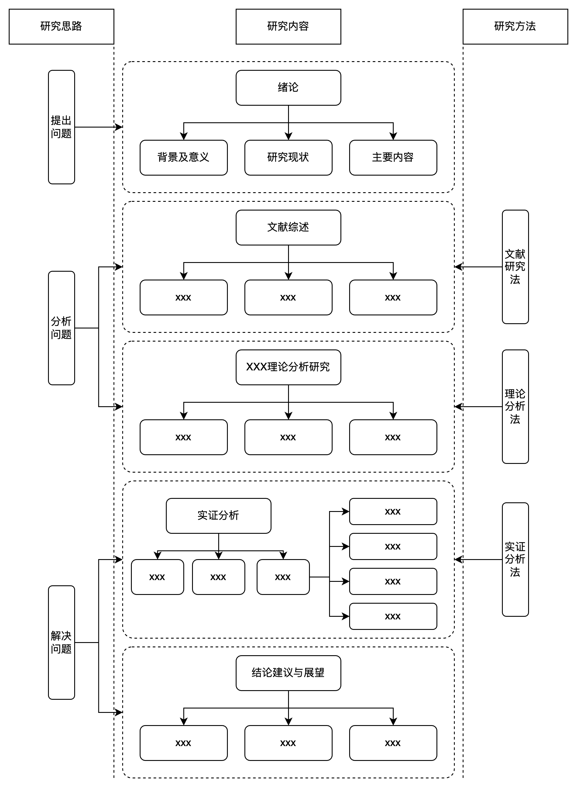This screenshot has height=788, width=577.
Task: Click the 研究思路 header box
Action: click(x=61, y=26)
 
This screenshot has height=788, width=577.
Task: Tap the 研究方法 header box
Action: click(x=515, y=26)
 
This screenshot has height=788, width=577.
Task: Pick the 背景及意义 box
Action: click(x=184, y=158)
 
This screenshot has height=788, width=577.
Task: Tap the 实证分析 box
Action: click(x=219, y=516)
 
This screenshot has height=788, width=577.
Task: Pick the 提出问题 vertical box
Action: click(x=61, y=127)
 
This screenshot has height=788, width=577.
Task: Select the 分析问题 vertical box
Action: click(x=61, y=328)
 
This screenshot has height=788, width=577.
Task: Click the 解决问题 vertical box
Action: click(x=61, y=642)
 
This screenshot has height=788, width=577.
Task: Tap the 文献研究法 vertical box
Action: click(x=515, y=267)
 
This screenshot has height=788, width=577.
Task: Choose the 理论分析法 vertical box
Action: click(x=515, y=407)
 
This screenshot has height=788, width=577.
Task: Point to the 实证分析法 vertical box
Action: click(x=515, y=559)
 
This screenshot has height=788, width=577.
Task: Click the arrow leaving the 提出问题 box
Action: click(x=99, y=127)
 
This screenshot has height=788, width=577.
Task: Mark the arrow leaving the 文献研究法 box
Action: click(x=478, y=267)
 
